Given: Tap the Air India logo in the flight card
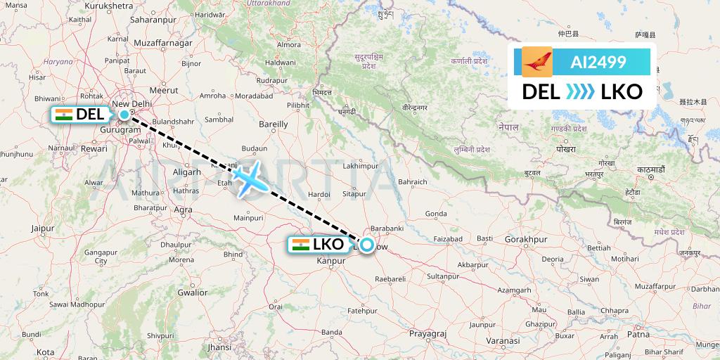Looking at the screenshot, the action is tap(537, 61).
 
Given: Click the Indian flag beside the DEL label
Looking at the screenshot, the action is tap(63, 114).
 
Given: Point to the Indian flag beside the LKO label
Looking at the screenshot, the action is tap(300, 245).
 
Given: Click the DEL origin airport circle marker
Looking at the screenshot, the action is tap(124, 114).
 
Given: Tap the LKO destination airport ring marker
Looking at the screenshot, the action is tap(367, 246).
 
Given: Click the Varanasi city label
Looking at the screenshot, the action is tap(502, 340).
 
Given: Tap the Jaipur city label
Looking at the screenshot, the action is tap(42, 229).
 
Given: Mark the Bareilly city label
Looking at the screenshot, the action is tap(274, 124).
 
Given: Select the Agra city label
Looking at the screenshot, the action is tap(182, 210).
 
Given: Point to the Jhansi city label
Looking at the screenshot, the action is tap(220, 347).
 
